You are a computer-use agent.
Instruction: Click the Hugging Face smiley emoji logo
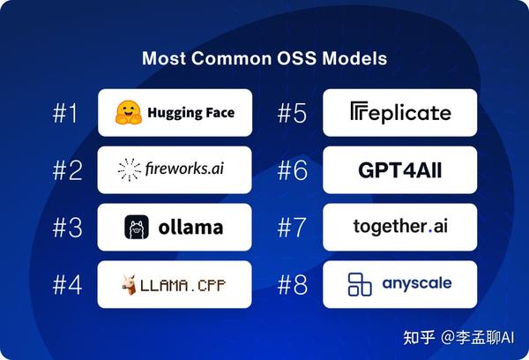click(130, 113)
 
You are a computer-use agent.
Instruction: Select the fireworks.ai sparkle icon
click(130, 170)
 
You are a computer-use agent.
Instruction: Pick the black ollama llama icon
click(137, 228)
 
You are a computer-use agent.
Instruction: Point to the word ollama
click(190, 228)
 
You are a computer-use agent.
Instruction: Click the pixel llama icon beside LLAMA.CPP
click(130, 284)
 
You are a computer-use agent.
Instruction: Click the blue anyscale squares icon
click(360, 284)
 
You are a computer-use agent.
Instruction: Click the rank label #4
click(67, 285)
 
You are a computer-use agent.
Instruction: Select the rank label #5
click(292, 114)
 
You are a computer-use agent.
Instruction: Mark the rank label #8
click(292, 285)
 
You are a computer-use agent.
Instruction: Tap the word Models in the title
click(357, 60)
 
